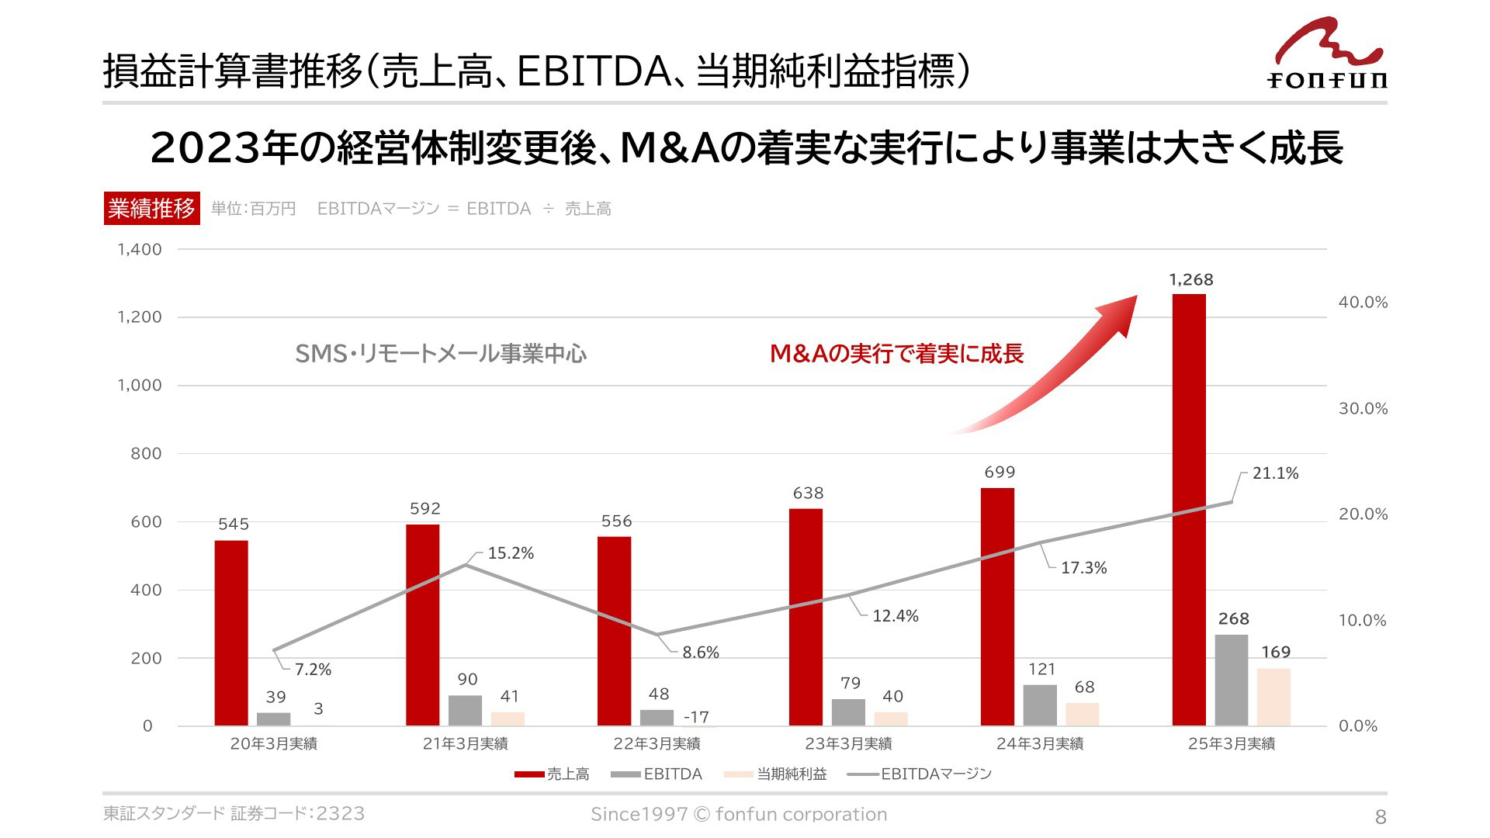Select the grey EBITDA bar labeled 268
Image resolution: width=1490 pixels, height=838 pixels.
coord(1232,680)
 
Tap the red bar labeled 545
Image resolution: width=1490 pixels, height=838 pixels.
coord(231,633)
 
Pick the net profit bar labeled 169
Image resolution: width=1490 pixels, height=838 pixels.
coord(1273,697)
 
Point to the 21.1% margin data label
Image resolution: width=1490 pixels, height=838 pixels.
coord(1275,473)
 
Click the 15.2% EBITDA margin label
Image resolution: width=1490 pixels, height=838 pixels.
coord(511,553)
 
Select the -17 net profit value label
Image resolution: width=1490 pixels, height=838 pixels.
coord(696,717)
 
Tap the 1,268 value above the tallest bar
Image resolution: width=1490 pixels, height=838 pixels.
coord(1191,279)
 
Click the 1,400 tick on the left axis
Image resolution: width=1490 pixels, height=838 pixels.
coord(140,249)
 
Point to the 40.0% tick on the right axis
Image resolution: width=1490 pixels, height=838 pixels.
coord(1363,303)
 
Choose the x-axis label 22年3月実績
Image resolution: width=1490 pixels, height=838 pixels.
coord(657,743)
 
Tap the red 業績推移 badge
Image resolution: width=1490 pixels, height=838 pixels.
coord(152,208)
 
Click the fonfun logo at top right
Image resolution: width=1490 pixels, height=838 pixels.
coord(1328,54)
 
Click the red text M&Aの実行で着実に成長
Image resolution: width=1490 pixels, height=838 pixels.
coord(896,354)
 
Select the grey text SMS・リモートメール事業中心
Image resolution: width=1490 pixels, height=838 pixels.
coord(441,354)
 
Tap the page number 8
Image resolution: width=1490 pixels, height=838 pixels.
coord(1380,816)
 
